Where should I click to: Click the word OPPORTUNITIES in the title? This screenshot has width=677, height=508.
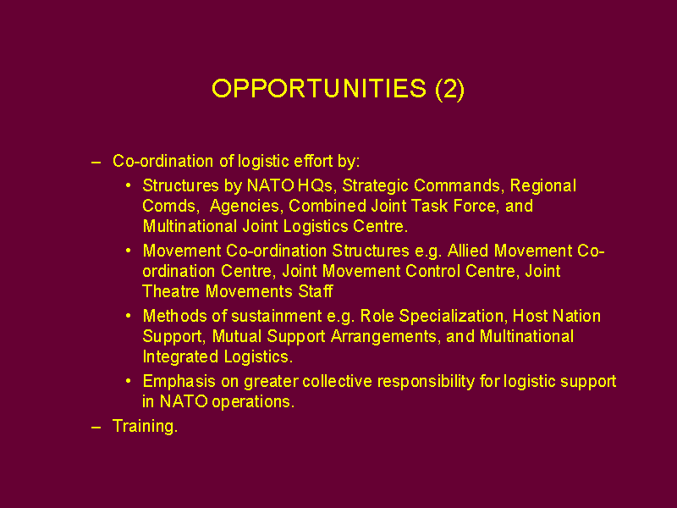319,89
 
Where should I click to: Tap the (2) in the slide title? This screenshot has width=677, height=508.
450,90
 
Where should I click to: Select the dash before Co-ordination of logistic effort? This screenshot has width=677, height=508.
96,163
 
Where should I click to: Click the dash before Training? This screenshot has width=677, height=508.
96,428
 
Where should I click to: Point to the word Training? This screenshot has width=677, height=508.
145,426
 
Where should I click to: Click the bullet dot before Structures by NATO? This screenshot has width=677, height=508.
129,185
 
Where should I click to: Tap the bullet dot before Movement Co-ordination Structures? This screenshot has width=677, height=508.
129,251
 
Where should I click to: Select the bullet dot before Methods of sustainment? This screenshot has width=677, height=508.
129,316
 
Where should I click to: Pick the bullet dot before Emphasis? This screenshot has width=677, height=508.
129,381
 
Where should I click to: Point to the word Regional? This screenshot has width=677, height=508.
543,185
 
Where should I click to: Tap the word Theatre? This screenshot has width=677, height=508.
172,291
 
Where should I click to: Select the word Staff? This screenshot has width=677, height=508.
316,291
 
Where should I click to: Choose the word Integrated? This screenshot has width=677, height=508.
180,356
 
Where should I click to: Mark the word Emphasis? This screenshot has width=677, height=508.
179,382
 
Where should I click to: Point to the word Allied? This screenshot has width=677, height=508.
468,251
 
